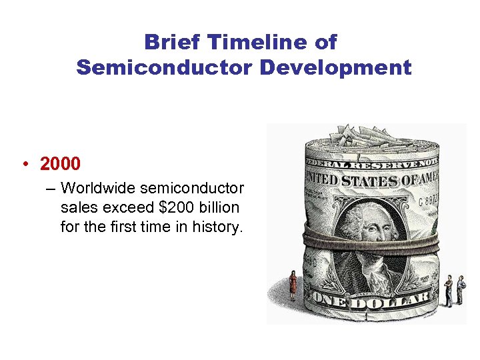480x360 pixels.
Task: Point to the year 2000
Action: pos(60,163)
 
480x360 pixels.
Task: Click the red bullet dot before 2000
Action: pos(25,164)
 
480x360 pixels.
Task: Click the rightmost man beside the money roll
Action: pos(461,289)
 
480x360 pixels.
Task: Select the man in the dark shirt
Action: pos(449,291)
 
